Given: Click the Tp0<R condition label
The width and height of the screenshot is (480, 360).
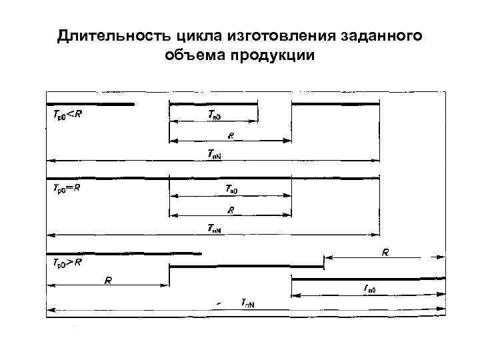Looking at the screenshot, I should (x=67, y=114).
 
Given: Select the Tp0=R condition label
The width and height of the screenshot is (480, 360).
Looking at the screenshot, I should (x=67, y=188).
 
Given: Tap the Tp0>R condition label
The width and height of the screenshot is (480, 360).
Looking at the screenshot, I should (x=67, y=262).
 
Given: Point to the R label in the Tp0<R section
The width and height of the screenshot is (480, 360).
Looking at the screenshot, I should (x=230, y=135).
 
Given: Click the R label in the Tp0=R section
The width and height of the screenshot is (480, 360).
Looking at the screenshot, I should (x=230, y=209).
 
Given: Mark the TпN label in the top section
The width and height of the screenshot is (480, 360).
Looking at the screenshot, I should (x=214, y=155).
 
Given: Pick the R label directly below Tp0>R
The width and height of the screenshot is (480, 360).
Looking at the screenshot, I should (x=107, y=279).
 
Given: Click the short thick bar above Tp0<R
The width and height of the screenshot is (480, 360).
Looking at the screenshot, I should (x=90, y=103).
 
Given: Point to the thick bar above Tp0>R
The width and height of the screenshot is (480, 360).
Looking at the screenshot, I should (x=124, y=253).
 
